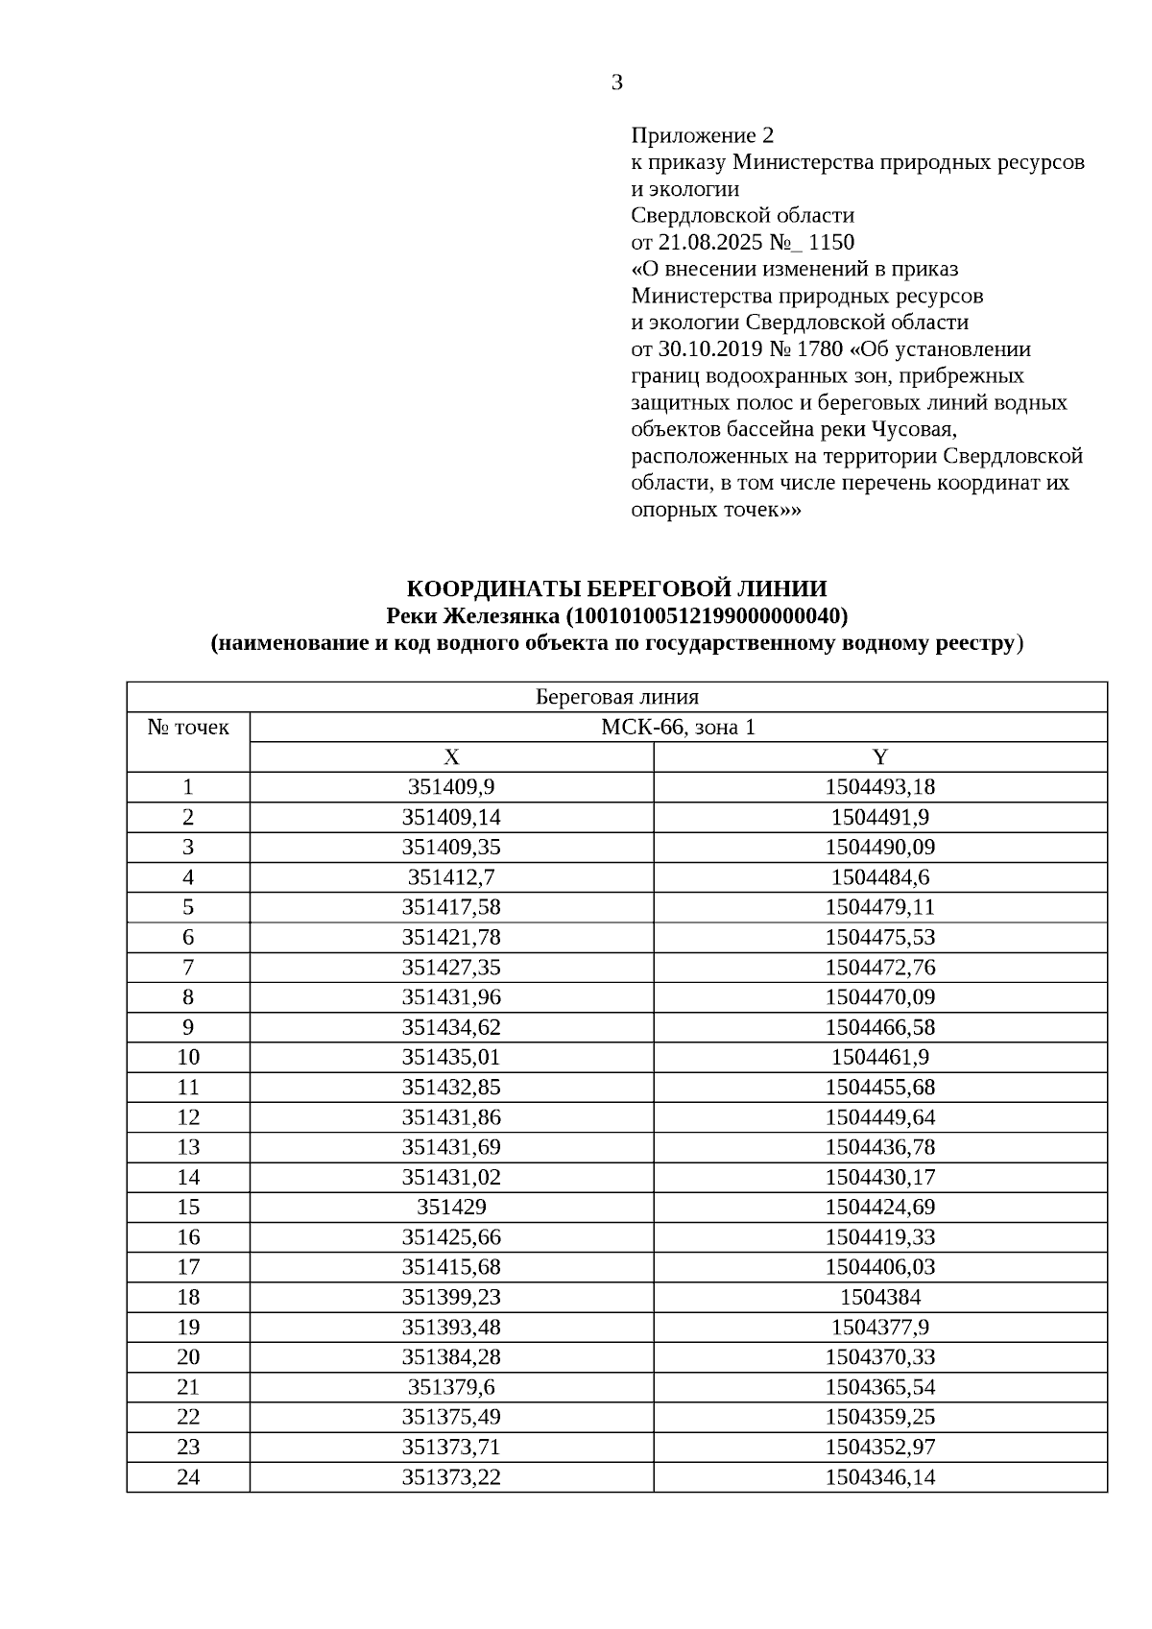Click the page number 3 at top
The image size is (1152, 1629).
point(616,84)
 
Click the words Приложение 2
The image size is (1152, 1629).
point(702,135)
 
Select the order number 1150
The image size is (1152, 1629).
point(831,242)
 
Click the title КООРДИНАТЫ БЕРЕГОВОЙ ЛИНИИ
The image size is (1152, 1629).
point(616,588)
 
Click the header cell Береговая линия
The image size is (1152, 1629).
point(616,697)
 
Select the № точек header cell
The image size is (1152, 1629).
point(188,728)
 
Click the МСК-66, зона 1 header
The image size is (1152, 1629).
point(678,728)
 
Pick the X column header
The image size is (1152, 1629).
point(451,757)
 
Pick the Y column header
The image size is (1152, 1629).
point(879,757)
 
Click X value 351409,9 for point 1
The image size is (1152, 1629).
point(451,787)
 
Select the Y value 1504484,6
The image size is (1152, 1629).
point(879,877)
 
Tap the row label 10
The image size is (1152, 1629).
point(188,1057)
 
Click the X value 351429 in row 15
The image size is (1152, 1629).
point(451,1207)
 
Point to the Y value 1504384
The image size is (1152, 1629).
point(879,1297)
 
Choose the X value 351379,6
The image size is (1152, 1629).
point(451,1387)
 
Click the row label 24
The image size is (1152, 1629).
point(188,1477)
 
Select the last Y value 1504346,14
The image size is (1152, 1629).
point(879,1477)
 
